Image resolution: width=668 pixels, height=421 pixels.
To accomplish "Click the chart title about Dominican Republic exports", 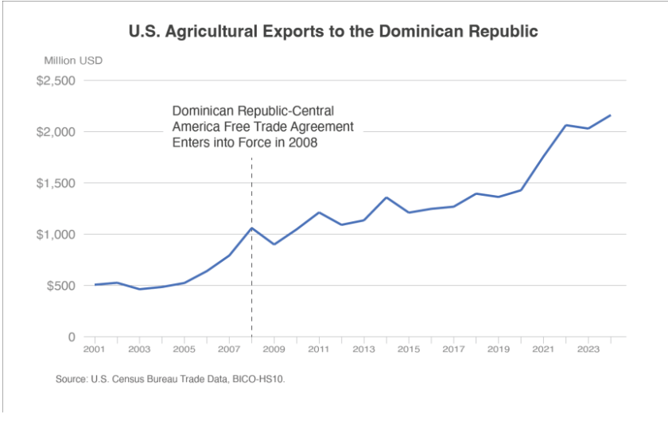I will click(x=333, y=33).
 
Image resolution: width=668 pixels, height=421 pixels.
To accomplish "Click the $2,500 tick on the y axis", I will click(x=56, y=80).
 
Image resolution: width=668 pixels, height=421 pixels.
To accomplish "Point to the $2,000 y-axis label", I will click(x=56, y=131).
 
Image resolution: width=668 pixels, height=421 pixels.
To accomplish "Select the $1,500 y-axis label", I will click(x=56, y=183).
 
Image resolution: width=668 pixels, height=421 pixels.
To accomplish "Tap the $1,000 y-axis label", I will click(x=56, y=234).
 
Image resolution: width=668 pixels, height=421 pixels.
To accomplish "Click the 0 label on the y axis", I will click(x=71, y=337).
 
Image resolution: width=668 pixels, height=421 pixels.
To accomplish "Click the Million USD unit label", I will click(x=73, y=60).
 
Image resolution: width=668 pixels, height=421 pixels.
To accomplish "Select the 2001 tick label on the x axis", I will click(x=95, y=349).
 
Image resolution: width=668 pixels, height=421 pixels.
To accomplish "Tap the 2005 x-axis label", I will click(x=184, y=349).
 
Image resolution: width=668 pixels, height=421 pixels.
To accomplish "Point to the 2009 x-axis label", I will click(x=274, y=349).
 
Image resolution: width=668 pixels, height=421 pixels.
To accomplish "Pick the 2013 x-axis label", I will click(x=363, y=349).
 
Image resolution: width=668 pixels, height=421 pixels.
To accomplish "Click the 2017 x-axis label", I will click(x=453, y=349).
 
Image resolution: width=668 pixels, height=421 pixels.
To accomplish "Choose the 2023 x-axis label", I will click(x=588, y=349).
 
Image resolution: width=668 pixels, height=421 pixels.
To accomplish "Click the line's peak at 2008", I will click(x=251, y=228).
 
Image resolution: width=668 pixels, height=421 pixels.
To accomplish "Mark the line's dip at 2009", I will click(x=274, y=244).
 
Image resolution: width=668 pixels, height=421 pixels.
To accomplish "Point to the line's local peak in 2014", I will click(x=386, y=197).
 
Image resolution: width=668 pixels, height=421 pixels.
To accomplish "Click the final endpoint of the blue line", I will click(x=610, y=115).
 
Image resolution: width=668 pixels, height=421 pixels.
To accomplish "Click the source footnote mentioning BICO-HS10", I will click(x=170, y=380).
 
